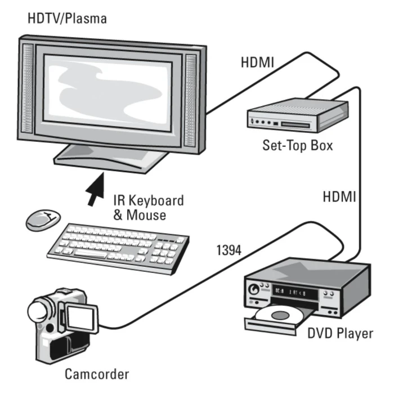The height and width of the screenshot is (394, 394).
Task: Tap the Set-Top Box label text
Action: pos(298,145)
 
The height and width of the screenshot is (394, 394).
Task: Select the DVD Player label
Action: pos(339,333)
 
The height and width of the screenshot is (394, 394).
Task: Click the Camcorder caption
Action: pos(96,374)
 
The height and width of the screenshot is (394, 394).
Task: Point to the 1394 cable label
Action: pos(229,249)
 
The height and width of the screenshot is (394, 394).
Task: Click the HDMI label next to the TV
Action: pos(258,62)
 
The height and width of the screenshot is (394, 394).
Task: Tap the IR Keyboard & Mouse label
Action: pos(149,207)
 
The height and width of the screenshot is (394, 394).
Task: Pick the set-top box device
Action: pos(295,115)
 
